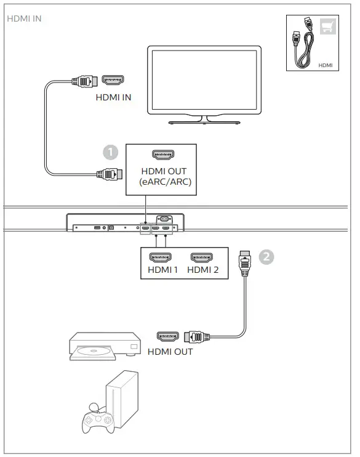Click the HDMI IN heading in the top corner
[25, 18]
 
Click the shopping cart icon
[327, 26]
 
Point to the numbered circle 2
[266, 257]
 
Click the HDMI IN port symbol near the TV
[113, 80]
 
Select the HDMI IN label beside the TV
[113, 97]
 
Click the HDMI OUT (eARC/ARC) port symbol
[163, 155]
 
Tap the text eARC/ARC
[164, 182]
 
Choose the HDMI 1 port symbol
[162, 257]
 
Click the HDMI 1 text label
[162, 269]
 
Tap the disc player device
[101, 345]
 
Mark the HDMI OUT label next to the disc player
[170, 352]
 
